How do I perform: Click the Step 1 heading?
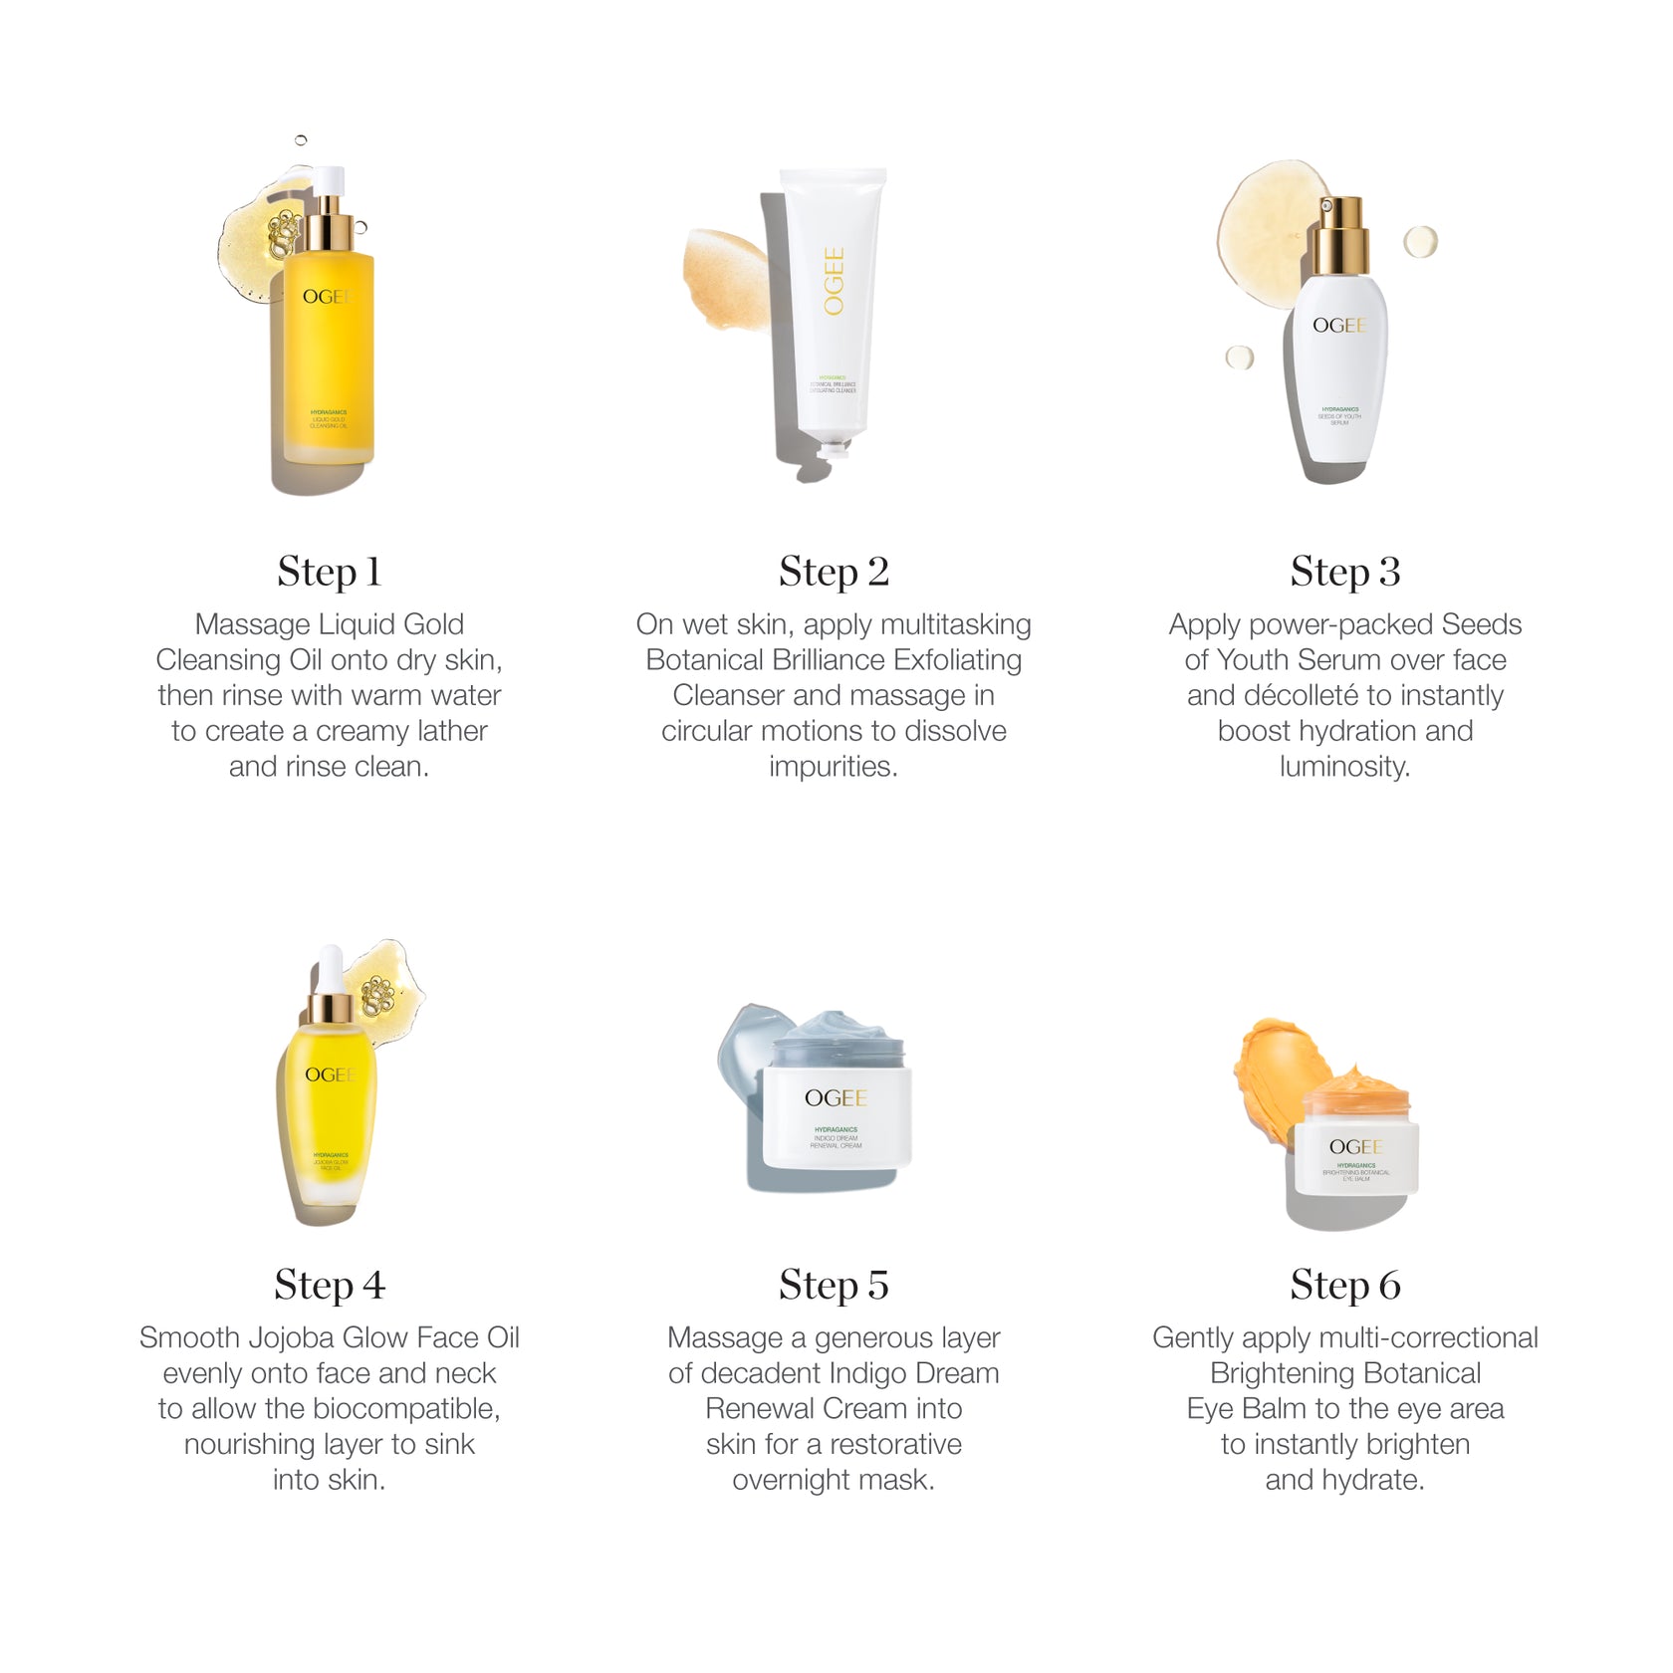click(x=329, y=572)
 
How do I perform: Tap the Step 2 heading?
click(x=834, y=572)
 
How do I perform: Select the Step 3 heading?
click(x=1344, y=572)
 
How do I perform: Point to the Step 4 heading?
click(x=329, y=1285)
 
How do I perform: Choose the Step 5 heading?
click(x=834, y=1285)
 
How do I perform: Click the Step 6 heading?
click(x=1344, y=1285)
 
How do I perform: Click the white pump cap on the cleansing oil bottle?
click(x=330, y=184)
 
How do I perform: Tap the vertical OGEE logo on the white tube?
click(x=834, y=282)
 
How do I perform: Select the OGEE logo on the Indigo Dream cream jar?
click(x=836, y=1097)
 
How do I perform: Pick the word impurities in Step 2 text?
click(x=833, y=767)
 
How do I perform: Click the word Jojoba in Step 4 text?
click(x=272, y=1337)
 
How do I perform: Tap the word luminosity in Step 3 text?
click(x=1344, y=767)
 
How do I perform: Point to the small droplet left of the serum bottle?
click(x=1240, y=357)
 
